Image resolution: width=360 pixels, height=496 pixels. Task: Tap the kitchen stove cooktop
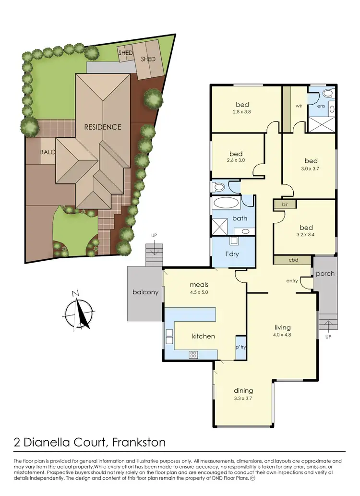pos(193,354)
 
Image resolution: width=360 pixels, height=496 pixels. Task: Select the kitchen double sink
pos(169,336)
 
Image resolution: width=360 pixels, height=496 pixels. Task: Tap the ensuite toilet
pos(329,94)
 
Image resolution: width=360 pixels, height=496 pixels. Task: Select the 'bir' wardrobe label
pos(278,205)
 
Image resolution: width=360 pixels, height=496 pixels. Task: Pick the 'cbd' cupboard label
pos(293,260)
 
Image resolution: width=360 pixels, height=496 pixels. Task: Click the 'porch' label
pos(325,274)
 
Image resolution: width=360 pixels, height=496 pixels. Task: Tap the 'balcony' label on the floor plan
pos(145,292)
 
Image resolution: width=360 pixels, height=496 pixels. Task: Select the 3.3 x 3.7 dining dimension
pos(243,398)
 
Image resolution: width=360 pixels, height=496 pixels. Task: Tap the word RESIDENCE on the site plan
pos(103,127)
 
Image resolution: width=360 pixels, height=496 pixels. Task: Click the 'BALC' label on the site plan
pos(48,152)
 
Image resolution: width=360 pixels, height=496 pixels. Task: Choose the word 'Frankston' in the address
pos(141,442)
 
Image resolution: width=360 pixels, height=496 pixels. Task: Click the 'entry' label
pos(292,280)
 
